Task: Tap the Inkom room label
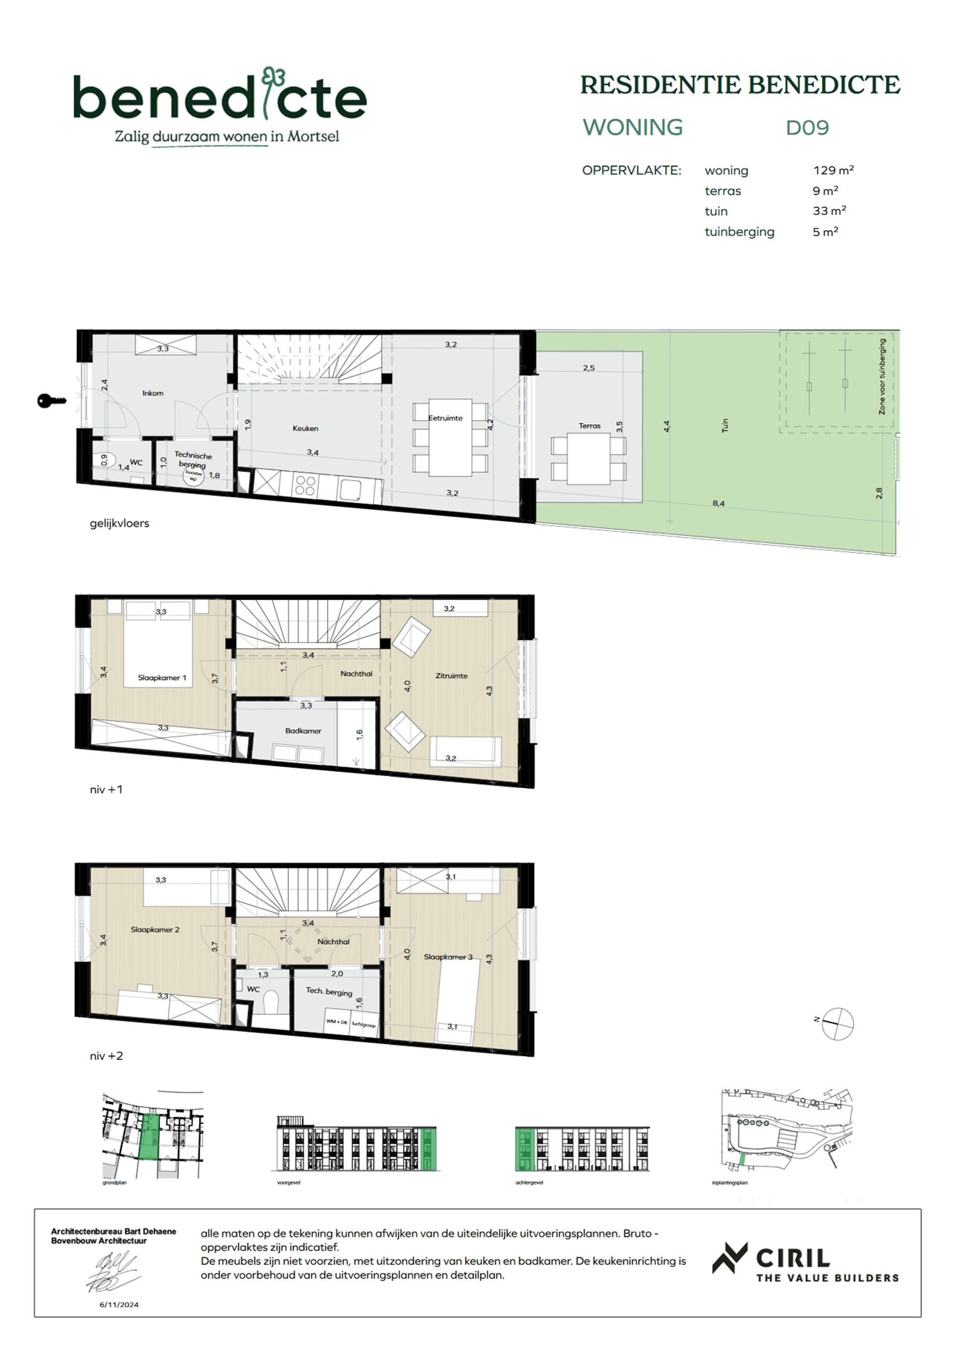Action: [x=152, y=393]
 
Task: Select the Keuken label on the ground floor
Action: [x=305, y=428]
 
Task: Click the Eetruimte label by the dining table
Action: [x=445, y=418]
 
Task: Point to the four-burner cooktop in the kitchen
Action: [x=305, y=486]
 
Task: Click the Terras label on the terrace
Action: [x=589, y=425]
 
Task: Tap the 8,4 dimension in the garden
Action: [x=718, y=504]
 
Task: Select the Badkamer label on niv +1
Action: [x=303, y=731]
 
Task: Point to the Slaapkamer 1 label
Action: [x=162, y=678]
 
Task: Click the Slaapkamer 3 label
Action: [x=448, y=957]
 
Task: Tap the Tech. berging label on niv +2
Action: [x=329, y=991]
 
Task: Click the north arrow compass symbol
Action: [x=837, y=1023]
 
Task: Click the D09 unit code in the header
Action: [x=807, y=128]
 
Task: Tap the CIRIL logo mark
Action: [x=729, y=1258]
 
